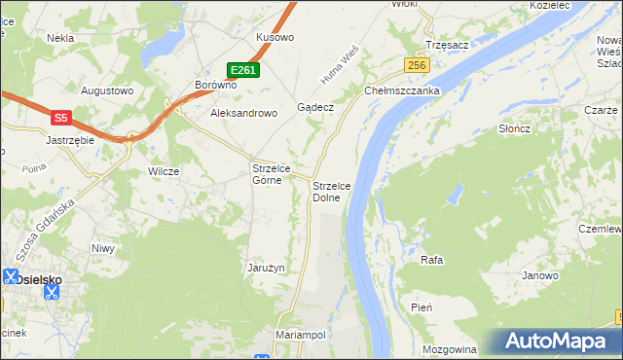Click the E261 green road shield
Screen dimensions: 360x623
point(243,70)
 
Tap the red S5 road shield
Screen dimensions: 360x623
point(60,118)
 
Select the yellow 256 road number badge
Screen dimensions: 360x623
point(418,64)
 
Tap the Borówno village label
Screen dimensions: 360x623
point(216,85)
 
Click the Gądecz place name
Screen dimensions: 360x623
point(316,106)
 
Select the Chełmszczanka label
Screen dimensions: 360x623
point(403,90)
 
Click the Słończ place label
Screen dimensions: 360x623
point(513,129)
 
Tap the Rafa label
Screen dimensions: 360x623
point(431,261)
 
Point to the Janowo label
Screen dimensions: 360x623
point(540,275)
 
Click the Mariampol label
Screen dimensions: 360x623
point(301,334)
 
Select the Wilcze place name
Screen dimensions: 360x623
point(164,171)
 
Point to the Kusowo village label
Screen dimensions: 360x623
point(275,37)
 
